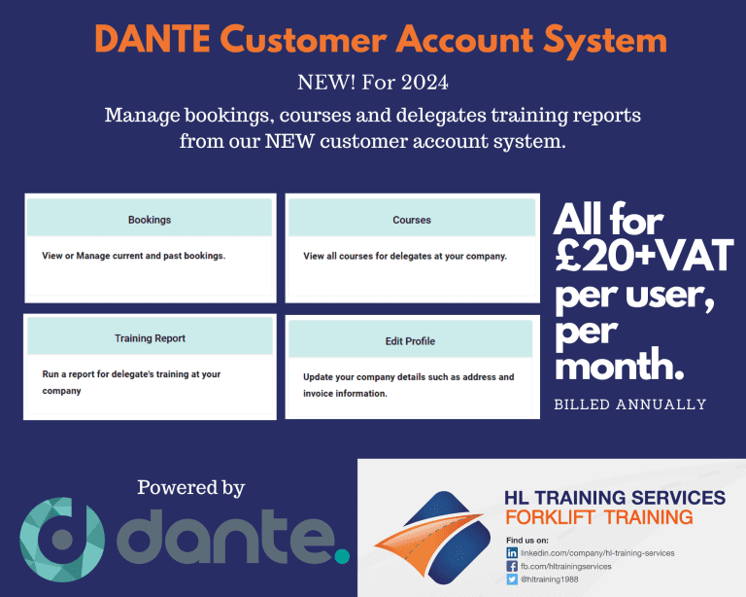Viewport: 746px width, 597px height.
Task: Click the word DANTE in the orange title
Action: tap(153, 39)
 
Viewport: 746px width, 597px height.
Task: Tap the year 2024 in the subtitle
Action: tap(424, 83)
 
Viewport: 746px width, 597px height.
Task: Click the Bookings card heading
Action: tap(150, 220)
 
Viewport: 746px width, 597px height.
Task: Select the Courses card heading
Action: tap(412, 220)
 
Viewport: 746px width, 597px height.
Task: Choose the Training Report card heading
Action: tap(150, 338)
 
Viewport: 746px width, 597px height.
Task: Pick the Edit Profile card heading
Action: tap(410, 341)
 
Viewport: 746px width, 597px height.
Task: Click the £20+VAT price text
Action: tap(645, 256)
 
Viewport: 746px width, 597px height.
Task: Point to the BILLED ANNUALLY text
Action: tap(629, 404)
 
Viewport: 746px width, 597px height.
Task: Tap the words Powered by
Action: tap(190, 488)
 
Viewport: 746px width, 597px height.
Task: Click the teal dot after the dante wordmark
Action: tap(342, 555)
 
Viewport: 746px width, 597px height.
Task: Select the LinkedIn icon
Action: tap(512, 552)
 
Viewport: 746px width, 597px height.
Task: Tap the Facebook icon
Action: tap(512, 566)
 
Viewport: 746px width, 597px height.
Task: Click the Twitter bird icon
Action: tap(512, 579)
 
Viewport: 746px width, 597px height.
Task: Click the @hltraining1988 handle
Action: tap(550, 579)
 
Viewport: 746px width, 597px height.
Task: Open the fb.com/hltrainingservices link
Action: tap(566, 566)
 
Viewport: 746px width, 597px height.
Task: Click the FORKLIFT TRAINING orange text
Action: tap(599, 517)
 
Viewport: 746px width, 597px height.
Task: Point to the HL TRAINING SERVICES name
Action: tap(615, 498)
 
